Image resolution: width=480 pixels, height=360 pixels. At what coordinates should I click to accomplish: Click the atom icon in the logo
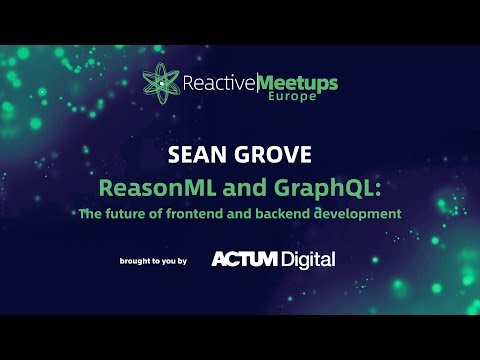pos(159,82)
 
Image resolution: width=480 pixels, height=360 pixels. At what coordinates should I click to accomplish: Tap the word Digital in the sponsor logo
pos(307,259)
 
